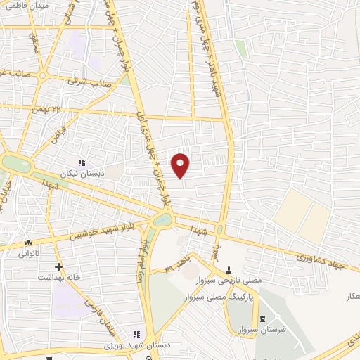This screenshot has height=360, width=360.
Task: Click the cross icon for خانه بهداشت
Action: (59, 266)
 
